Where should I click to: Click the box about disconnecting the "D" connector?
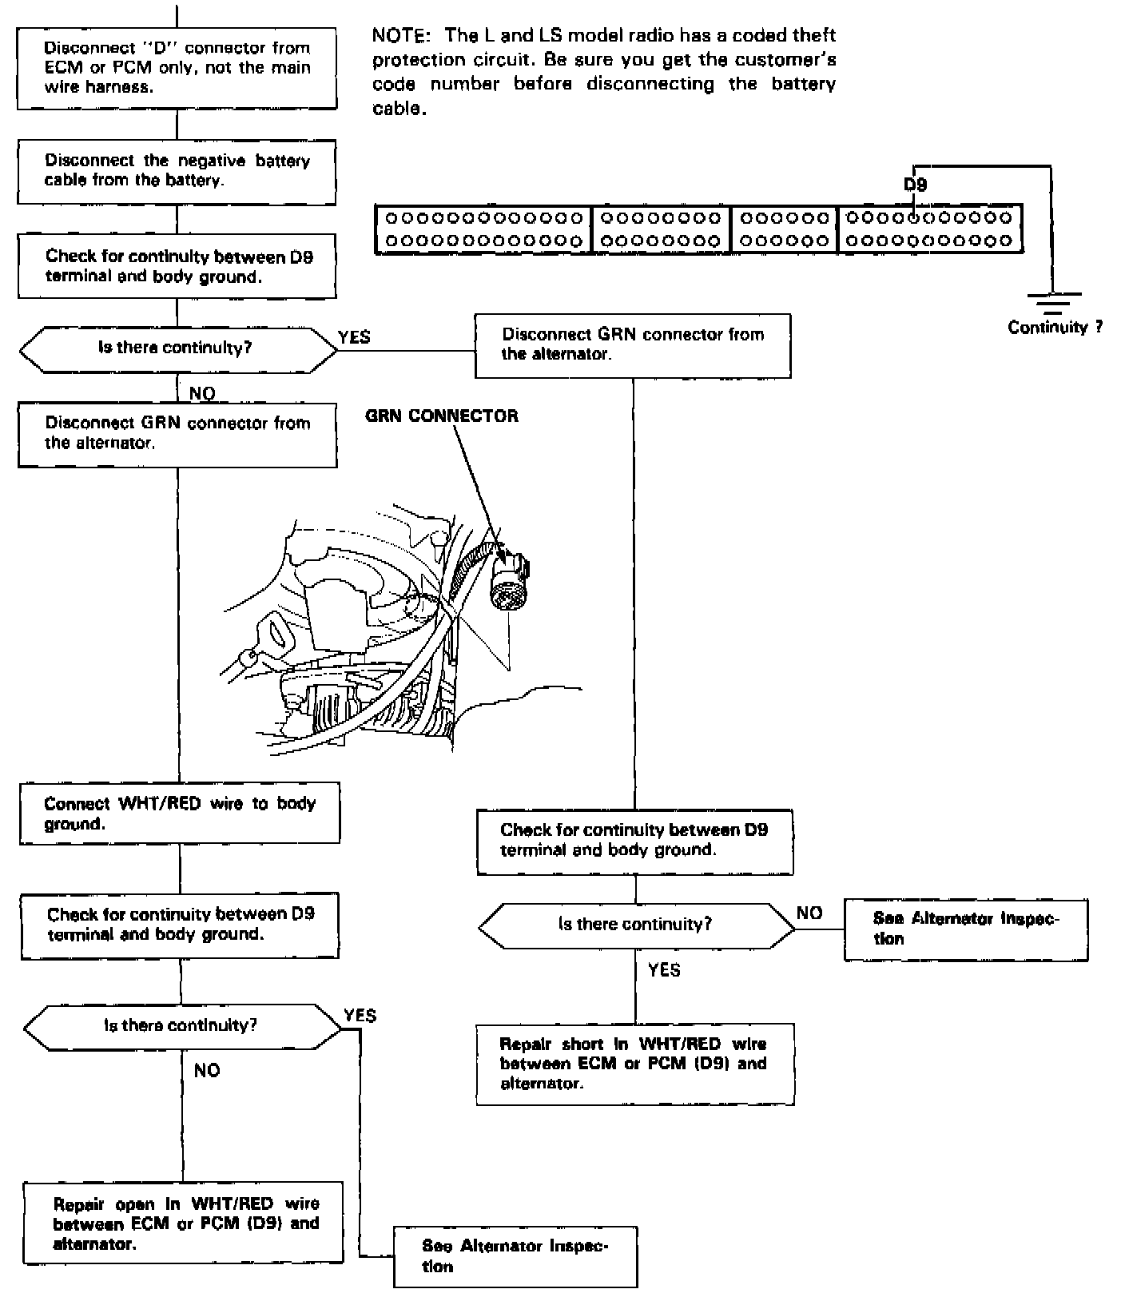177,68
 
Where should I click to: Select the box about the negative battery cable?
177,171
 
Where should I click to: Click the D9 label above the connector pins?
915,185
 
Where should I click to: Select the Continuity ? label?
1055,327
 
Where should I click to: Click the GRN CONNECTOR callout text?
441,416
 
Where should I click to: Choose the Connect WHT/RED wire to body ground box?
180,814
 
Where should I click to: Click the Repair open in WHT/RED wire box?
183,1223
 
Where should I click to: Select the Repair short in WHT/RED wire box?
635,1064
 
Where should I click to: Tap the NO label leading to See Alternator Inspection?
809,913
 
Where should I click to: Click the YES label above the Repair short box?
664,969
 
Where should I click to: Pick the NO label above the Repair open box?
207,1070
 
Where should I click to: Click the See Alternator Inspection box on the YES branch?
515,1256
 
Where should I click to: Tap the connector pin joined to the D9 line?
915,217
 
